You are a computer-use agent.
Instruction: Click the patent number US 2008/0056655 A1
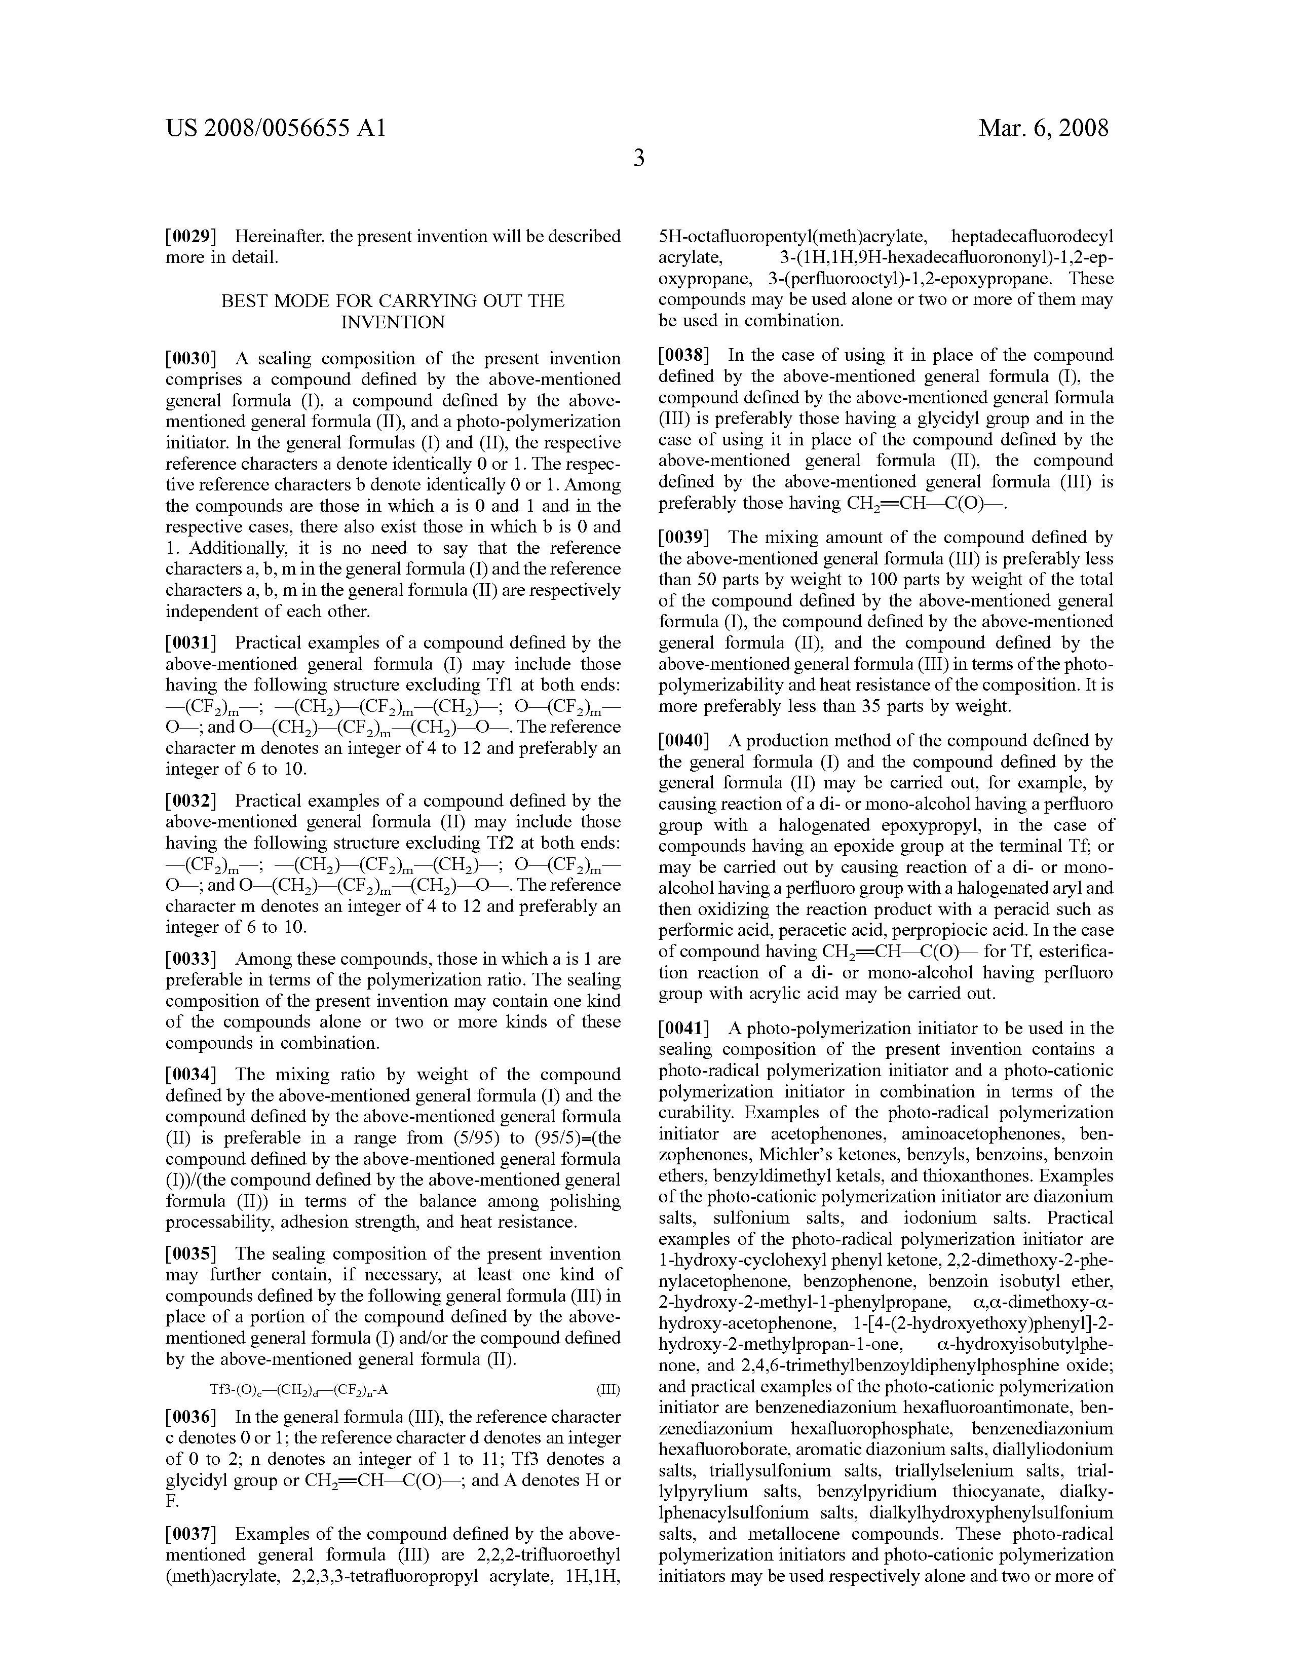pyautogui.click(x=276, y=127)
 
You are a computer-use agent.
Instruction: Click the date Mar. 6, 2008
pyautogui.click(x=1043, y=127)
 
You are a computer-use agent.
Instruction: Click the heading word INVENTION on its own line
pyautogui.click(x=393, y=322)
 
